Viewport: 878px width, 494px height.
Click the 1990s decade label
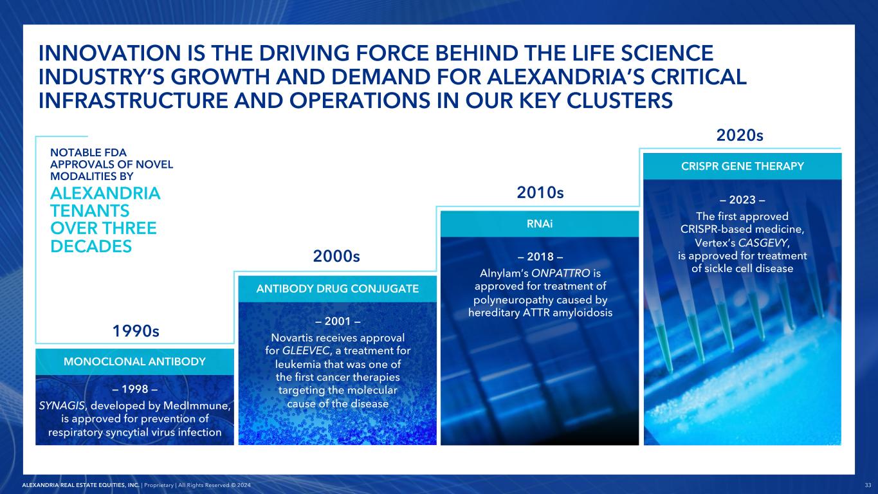coord(136,331)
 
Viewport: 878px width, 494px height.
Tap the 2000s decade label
coord(336,256)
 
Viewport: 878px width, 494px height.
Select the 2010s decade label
coord(540,192)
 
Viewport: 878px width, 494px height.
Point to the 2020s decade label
coord(740,135)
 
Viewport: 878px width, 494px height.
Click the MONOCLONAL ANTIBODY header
coord(134,361)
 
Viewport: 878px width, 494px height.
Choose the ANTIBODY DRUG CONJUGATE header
coord(338,289)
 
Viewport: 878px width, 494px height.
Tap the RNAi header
coord(540,224)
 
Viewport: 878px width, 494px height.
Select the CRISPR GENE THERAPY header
coord(742,166)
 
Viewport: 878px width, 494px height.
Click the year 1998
coord(135,389)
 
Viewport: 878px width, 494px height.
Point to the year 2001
coord(338,321)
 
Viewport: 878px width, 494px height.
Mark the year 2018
coord(540,257)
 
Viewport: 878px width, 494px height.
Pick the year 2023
coord(742,200)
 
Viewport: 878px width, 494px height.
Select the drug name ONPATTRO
coord(560,273)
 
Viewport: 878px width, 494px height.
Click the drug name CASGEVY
coord(763,242)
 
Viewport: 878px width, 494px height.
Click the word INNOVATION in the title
coord(110,53)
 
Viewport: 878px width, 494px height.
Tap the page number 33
coord(868,485)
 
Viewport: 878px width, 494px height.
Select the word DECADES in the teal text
coord(91,246)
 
